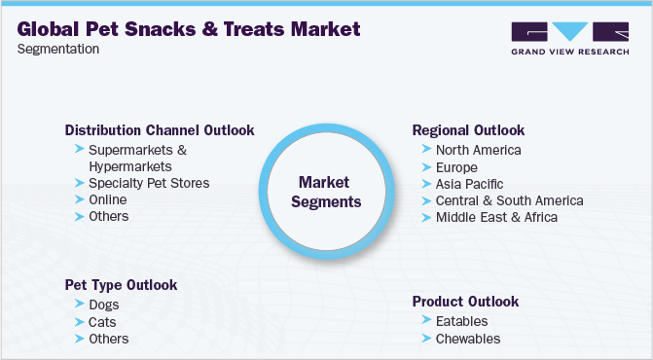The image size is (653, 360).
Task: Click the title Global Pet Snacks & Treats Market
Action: [x=189, y=29]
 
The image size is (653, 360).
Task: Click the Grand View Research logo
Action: [x=569, y=38]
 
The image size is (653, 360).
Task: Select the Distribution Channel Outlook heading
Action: [x=160, y=130]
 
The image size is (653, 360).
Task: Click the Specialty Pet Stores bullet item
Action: [x=148, y=183]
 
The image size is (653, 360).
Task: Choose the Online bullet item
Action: [x=107, y=199]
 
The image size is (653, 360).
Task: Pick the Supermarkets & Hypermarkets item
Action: [x=136, y=159]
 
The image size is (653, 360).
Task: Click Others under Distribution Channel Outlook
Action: [x=108, y=216]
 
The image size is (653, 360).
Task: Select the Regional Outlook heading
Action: [x=468, y=130]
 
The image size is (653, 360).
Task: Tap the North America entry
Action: [x=478, y=151]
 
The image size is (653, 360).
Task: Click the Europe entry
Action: [x=457, y=167]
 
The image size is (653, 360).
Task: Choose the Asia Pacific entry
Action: [x=470, y=184]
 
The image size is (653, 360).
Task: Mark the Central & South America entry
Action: [x=509, y=200]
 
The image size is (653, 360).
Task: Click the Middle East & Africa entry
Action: [x=496, y=217]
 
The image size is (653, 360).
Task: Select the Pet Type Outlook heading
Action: [x=122, y=286]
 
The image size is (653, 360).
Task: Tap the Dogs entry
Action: [x=104, y=306]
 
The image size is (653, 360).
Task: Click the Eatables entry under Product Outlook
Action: [x=461, y=321]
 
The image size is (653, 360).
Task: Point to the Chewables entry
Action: [x=467, y=339]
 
